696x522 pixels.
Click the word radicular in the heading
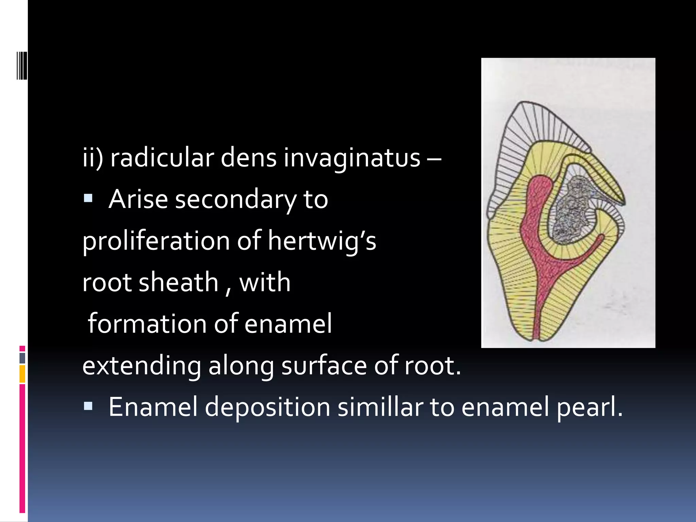[162, 158]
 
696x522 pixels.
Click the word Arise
[138, 199]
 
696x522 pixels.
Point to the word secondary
[236, 199]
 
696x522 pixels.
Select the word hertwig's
[322, 241]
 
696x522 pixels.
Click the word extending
[141, 366]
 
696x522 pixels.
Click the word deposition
[267, 407]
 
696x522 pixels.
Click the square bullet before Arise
[88, 198]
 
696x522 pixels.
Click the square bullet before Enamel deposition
[88, 406]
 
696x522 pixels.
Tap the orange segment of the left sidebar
[22, 374]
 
